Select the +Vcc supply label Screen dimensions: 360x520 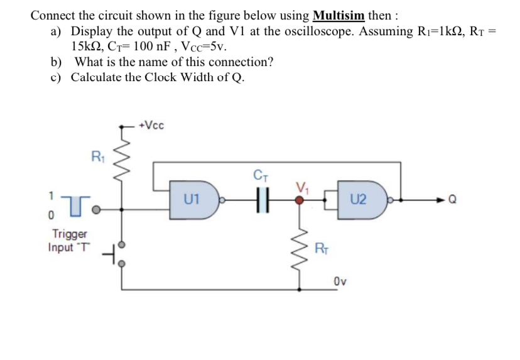pyautogui.click(x=151, y=125)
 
